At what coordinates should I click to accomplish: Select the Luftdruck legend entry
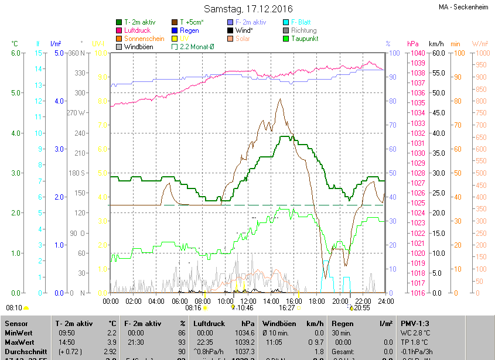point(137,30)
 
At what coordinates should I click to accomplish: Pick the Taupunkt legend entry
point(303,39)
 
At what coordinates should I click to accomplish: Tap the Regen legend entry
point(189,30)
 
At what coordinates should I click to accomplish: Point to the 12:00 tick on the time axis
point(248,301)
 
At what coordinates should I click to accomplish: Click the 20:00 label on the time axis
point(340,301)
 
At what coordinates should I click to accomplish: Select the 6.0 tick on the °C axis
point(16,53)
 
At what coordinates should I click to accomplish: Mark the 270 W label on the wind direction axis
point(76,112)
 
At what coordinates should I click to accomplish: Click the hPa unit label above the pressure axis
point(412,44)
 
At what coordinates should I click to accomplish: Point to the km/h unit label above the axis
point(436,44)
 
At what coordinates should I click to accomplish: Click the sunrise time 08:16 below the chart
point(193,307)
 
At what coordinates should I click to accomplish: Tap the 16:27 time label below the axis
point(286,307)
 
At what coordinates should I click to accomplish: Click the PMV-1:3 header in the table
point(415,323)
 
